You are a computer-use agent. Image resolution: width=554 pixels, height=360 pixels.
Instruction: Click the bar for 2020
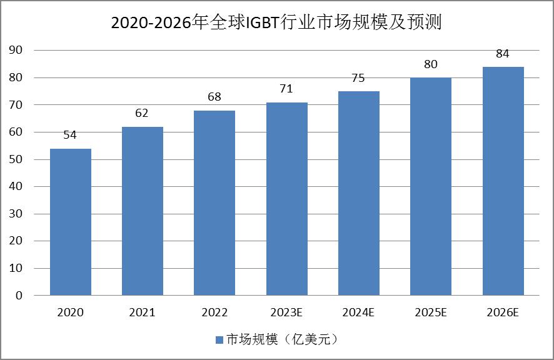click(x=71, y=222)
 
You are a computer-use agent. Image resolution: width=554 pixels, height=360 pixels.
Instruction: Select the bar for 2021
click(x=143, y=211)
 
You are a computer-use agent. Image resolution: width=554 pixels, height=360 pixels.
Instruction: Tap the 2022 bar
click(x=214, y=202)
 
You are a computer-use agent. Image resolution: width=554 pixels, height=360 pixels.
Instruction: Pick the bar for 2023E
click(x=286, y=199)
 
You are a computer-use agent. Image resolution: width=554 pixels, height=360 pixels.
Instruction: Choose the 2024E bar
click(x=359, y=193)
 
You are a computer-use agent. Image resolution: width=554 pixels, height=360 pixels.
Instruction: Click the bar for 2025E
click(x=431, y=186)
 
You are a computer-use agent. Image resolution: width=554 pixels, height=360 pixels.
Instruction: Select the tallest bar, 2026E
click(x=503, y=181)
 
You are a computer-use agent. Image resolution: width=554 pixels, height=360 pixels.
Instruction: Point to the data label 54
click(x=70, y=135)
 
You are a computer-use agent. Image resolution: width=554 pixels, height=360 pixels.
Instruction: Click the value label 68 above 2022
click(x=214, y=97)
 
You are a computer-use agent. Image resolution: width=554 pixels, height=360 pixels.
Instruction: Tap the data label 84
click(x=503, y=54)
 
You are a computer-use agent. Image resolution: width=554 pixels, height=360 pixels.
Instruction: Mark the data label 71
click(x=286, y=89)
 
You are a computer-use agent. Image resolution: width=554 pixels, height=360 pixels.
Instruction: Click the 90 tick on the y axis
click(x=17, y=51)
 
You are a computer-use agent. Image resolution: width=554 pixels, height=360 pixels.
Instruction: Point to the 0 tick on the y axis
click(x=20, y=295)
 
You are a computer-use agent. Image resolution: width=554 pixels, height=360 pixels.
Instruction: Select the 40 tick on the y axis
click(x=17, y=186)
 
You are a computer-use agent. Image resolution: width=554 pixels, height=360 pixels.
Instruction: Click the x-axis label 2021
click(x=143, y=312)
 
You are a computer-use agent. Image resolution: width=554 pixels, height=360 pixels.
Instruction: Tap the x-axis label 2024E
click(x=359, y=312)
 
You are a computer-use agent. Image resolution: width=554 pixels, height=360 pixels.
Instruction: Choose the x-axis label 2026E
click(x=503, y=312)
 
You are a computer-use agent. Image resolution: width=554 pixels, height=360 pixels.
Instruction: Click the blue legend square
click(x=219, y=339)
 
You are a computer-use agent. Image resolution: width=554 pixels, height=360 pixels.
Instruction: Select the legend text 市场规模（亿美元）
click(x=281, y=339)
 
